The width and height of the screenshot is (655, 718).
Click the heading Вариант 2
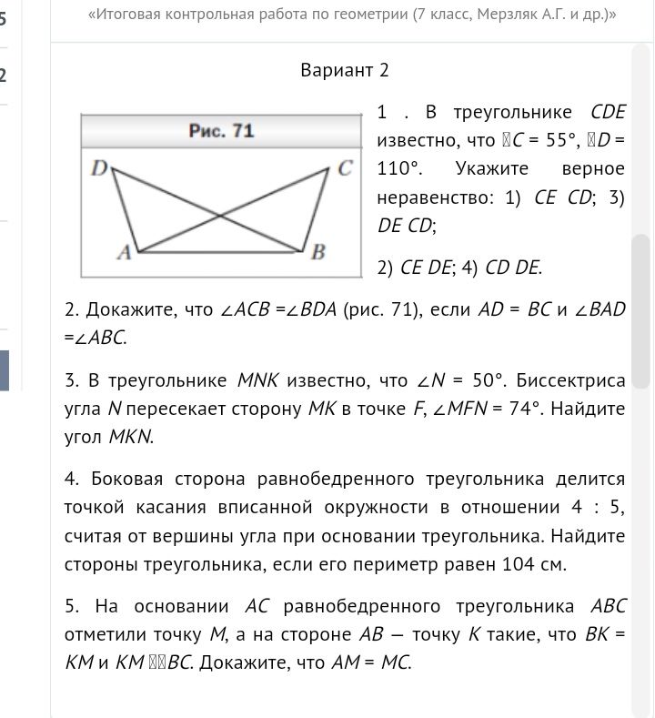click(345, 70)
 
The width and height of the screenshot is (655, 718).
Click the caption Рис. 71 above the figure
click(221, 131)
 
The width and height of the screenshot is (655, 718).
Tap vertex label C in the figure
click(345, 167)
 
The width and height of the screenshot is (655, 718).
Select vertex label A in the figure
click(124, 254)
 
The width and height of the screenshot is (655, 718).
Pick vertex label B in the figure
click(318, 253)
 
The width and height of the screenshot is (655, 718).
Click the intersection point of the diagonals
click(220, 216)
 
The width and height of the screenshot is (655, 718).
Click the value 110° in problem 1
click(399, 169)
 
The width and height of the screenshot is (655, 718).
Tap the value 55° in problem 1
click(549, 141)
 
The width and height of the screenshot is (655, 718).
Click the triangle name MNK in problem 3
click(261, 380)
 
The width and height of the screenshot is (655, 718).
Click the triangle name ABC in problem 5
click(608, 606)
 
